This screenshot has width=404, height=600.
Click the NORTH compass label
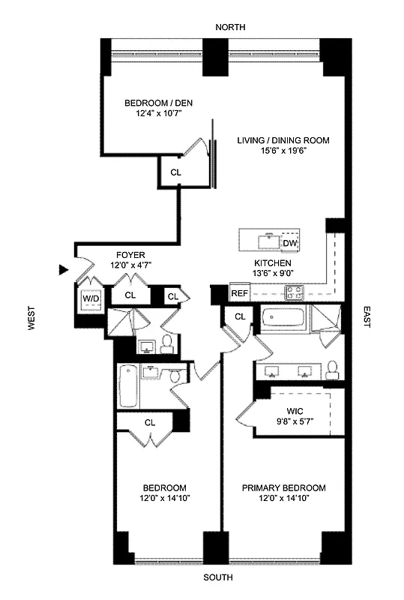click(230, 27)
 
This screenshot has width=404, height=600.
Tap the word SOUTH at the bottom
click(218, 577)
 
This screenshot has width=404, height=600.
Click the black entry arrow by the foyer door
click(64, 269)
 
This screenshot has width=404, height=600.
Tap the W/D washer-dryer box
click(91, 298)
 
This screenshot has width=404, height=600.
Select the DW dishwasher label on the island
click(289, 243)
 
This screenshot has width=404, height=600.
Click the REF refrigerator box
click(239, 293)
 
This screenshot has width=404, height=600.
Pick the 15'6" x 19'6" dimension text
click(283, 150)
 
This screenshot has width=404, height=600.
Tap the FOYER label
click(130, 255)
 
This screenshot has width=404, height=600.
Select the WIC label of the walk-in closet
click(294, 411)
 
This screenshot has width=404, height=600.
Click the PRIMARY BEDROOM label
click(283, 487)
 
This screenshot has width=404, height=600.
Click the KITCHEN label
click(272, 263)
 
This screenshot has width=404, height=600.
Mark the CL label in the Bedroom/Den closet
click(175, 172)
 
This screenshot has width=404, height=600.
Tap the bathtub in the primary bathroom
click(284, 322)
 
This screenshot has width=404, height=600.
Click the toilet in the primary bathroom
click(334, 367)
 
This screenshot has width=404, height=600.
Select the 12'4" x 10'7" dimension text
click(149, 115)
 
